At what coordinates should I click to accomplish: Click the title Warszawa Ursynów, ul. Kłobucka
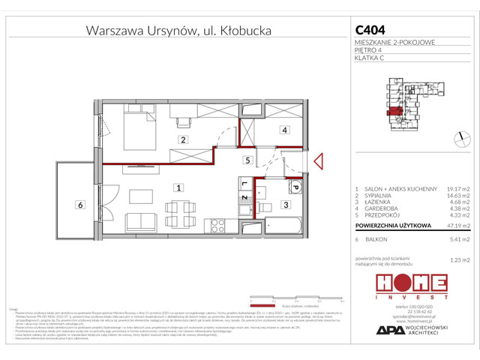coord(178,31)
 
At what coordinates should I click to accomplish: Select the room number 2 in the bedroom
coord(181,139)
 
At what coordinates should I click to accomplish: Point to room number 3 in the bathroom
coord(286,204)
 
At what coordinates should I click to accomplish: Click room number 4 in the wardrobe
coord(285,130)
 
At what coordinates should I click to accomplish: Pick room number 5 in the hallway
coord(246,160)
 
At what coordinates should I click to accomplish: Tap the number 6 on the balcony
coord(79,204)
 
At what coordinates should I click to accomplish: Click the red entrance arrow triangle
coord(318,160)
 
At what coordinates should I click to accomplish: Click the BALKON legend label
coord(377,239)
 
